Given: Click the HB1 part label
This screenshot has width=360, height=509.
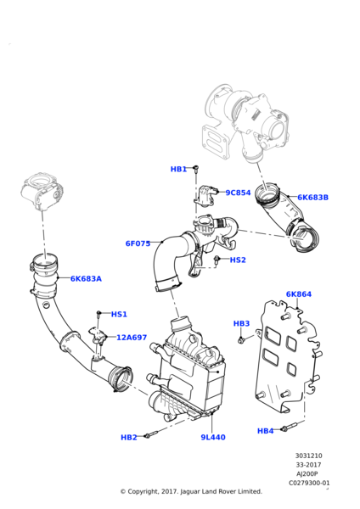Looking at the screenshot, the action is pyautogui.click(x=178, y=169).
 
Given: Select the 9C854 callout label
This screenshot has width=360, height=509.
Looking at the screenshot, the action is pyautogui.click(x=238, y=193).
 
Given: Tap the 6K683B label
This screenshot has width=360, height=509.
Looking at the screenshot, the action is pyautogui.click(x=313, y=198).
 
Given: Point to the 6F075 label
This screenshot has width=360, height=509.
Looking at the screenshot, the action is pyautogui.click(x=138, y=243).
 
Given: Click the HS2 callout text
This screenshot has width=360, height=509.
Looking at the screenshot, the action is pyautogui.click(x=238, y=260).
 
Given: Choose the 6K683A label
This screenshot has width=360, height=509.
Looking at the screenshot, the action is pyautogui.click(x=86, y=279).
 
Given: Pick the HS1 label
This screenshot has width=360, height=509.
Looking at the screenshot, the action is pyautogui.click(x=119, y=314).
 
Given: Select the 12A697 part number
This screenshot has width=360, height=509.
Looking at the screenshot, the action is pyautogui.click(x=132, y=338).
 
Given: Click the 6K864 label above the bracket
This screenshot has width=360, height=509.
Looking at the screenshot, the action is pyautogui.click(x=299, y=294).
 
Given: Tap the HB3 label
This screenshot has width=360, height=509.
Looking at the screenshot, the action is pyautogui.click(x=241, y=324).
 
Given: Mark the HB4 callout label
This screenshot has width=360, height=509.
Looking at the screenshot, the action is pyautogui.click(x=266, y=431).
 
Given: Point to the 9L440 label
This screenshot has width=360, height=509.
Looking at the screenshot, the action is pyautogui.click(x=213, y=438).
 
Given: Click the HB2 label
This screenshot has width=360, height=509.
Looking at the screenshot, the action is pyautogui.click(x=129, y=438).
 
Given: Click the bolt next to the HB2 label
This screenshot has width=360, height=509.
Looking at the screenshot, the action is pyautogui.click(x=151, y=434).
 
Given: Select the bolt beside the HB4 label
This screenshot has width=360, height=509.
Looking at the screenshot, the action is pyautogui.click(x=289, y=427).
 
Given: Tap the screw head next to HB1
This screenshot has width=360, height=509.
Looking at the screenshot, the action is pyautogui.click(x=196, y=168).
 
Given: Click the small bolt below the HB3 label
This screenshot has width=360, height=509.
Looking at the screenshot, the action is pyautogui.click(x=241, y=340).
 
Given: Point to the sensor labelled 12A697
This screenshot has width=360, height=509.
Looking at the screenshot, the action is pyautogui.click(x=98, y=336).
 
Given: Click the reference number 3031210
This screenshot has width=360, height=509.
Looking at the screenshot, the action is pyautogui.click(x=308, y=456).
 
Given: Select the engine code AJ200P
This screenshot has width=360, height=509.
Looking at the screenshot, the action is pyautogui.click(x=307, y=474).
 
